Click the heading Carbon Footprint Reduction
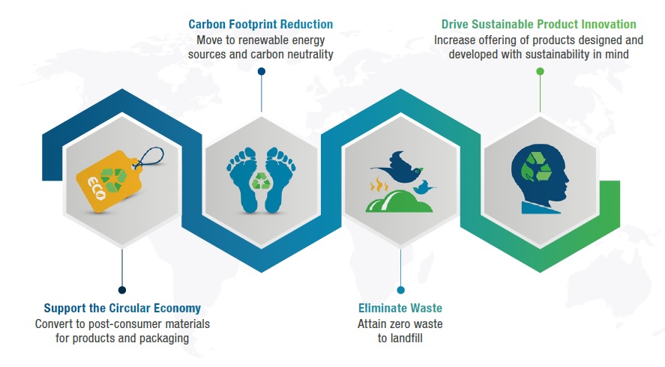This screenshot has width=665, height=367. coord(260,24)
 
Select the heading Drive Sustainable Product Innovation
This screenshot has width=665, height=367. coord(538,24)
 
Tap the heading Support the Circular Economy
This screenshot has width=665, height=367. coord(122,308)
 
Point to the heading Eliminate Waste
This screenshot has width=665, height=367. coord(400,308)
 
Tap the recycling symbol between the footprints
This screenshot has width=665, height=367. coord(260,181)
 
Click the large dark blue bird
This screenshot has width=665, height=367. coord(398,167)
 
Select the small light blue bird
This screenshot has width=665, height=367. coord(424,187)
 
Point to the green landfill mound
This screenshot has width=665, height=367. coord(399,201)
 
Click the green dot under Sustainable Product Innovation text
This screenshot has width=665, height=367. coord(540,71)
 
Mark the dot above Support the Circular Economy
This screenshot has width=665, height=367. coord(122,290)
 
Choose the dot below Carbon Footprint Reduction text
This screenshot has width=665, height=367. coord(262,71)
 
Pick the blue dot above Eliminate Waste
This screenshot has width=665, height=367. coord(401,290)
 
